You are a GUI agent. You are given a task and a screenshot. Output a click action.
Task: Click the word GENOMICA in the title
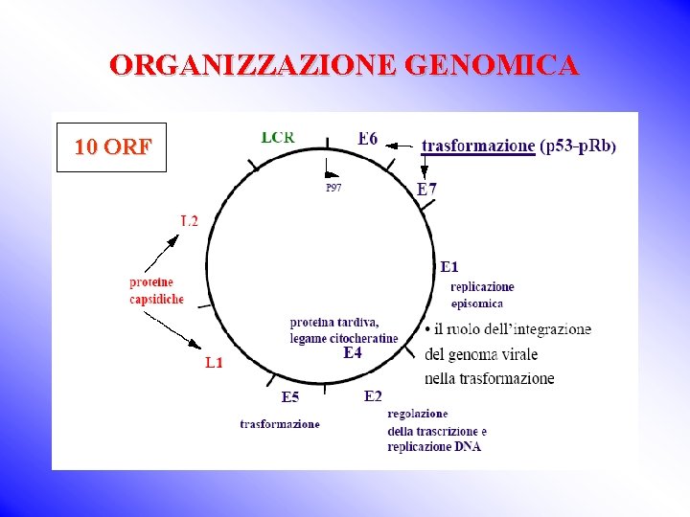pyautogui.click(x=492, y=65)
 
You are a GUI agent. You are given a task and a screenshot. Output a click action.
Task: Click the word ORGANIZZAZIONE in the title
pyautogui.click(x=254, y=65)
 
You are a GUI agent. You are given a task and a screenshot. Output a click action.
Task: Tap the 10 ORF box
pyautogui.click(x=112, y=147)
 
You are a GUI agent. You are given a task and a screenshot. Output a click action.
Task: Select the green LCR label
pyautogui.click(x=278, y=137)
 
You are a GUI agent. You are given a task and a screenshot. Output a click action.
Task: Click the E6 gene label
pyautogui.click(x=368, y=140)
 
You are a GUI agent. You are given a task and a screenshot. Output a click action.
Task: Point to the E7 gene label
pyautogui.click(x=426, y=190)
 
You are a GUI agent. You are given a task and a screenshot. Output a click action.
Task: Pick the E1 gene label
pyautogui.click(x=448, y=266)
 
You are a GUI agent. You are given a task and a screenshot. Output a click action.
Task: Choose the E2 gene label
pyautogui.click(x=374, y=396)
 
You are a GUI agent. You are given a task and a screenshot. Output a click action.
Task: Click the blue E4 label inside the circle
pyautogui.click(x=353, y=352)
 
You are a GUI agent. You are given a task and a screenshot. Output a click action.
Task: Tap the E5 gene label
pyautogui.click(x=290, y=397)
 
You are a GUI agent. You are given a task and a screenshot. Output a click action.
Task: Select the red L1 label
pyautogui.click(x=214, y=363)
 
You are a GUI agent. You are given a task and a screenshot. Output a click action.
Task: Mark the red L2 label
pyautogui.click(x=189, y=221)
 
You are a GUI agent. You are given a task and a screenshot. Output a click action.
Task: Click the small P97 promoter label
pyautogui.click(x=333, y=188)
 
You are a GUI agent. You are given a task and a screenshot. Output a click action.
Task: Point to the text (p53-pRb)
pyautogui.click(x=579, y=146)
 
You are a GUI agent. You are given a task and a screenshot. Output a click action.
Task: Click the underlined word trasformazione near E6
pyautogui.click(x=478, y=146)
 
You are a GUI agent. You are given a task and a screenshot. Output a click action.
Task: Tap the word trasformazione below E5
pyautogui.click(x=280, y=423)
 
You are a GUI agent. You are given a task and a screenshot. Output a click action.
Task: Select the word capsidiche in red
pyautogui.click(x=156, y=300)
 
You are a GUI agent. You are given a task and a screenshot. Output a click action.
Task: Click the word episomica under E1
pyautogui.click(x=476, y=303)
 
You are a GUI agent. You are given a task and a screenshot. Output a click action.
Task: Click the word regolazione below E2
pyautogui.click(x=417, y=414)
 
